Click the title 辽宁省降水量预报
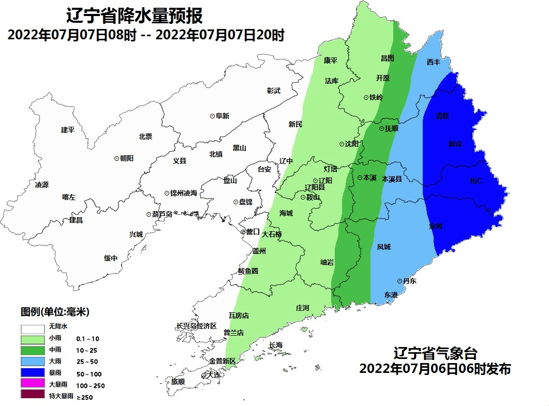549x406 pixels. (x=134, y=16)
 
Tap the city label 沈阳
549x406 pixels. (x=352, y=144)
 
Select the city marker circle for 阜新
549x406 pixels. (x=212, y=116)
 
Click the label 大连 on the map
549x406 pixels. (x=213, y=374)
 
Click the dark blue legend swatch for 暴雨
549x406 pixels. (x=32, y=373)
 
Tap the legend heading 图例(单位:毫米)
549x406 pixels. (x=55, y=312)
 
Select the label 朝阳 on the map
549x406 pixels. (x=127, y=159)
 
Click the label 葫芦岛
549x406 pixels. (x=162, y=214)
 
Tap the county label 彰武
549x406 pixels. (x=274, y=91)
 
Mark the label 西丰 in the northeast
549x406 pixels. (x=434, y=62)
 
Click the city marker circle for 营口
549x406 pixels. (x=243, y=232)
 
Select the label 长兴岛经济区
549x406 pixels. (x=196, y=326)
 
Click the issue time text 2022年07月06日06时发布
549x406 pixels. (x=435, y=369)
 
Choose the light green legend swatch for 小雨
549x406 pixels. (x=32, y=340)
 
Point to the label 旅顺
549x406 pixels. (x=177, y=382)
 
